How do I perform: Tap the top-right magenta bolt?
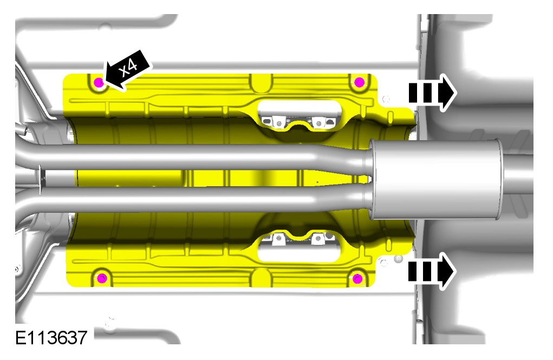[359, 82]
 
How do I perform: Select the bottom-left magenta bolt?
[102, 278]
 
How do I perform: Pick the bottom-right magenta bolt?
[357, 279]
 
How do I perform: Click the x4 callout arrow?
[127, 70]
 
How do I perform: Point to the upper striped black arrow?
[432, 93]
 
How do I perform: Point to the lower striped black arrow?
[432, 271]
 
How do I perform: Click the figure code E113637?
[51, 337]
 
